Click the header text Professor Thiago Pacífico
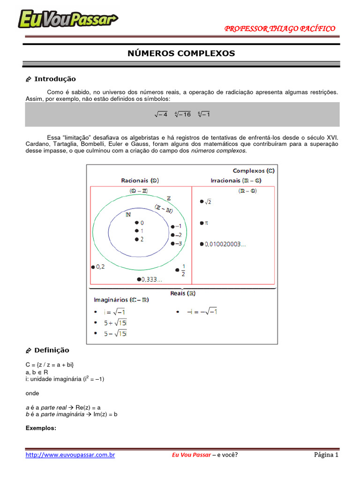(x=280, y=29)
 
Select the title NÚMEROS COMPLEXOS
(x=181, y=53)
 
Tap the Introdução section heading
(x=55, y=79)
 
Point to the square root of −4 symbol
(x=161, y=114)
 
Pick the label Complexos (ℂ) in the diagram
(x=254, y=171)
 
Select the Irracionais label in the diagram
(x=232, y=180)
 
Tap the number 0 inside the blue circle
(x=142, y=223)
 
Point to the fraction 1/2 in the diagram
(x=183, y=271)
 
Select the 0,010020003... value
(x=225, y=244)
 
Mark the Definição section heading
(x=52, y=350)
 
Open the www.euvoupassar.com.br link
(x=70, y=455)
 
